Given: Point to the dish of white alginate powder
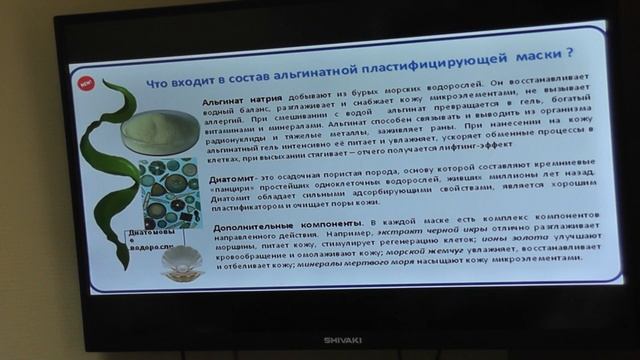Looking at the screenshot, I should (160, 131).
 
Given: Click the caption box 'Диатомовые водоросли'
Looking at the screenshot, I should (150, 241).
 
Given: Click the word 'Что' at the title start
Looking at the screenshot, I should (161, 79).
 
